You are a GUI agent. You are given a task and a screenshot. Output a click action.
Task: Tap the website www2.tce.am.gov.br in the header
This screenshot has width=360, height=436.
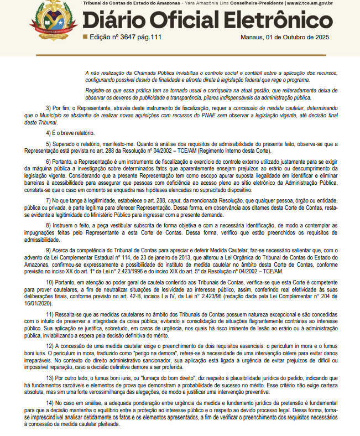point(320,3)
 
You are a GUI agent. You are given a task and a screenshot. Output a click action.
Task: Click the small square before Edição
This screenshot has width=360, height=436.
point(85,37)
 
